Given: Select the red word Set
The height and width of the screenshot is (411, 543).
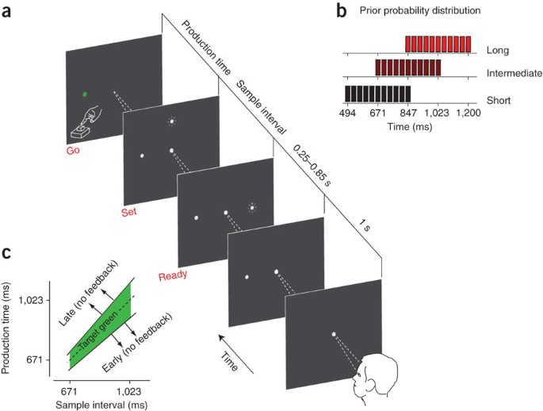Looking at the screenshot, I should pyautogui.click(x=128, y=213).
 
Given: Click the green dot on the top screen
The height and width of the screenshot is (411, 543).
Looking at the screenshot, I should pyautogui.click(x=84, y=94).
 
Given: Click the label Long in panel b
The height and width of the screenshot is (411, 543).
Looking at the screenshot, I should pyautogui.click(x=497, y=49).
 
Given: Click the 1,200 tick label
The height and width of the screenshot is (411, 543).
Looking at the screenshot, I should pyautogui.click(x=467, y=114).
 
